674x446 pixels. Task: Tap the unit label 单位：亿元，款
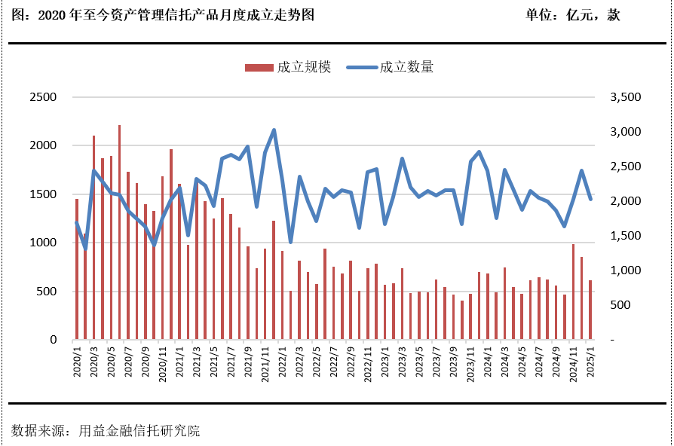point(572,15)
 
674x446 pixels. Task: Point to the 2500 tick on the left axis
point(43,97)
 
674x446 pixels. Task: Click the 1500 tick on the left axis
point(43,194)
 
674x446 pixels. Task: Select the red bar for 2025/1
point(590,310)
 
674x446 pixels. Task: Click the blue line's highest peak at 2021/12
point(274,130)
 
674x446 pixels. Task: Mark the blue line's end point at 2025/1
point(590,199)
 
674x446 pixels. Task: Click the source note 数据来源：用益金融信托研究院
point(106,431)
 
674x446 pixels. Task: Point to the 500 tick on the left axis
point(47,292)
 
